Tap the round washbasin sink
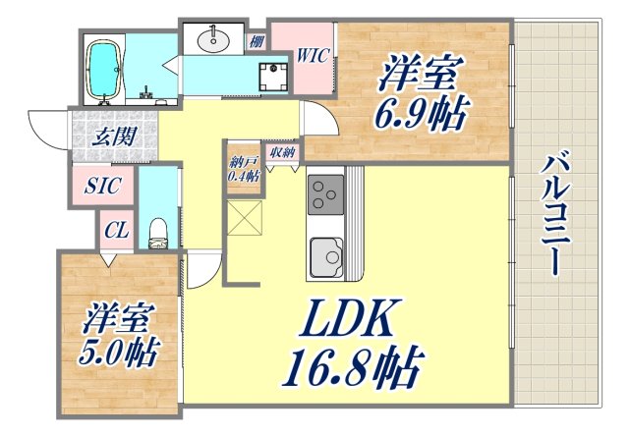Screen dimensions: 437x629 click(x=214, y=40)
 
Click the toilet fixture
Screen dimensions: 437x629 click(x=155, y=232)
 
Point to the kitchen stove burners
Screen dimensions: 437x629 click(x=324, y=194)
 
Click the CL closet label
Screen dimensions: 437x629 click(x=116, y=232)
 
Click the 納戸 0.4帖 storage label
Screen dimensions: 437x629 click(x=243, y=169)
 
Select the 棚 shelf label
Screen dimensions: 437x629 click(x=256, y=40)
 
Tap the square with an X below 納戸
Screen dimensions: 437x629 click(x=244, y=217)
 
